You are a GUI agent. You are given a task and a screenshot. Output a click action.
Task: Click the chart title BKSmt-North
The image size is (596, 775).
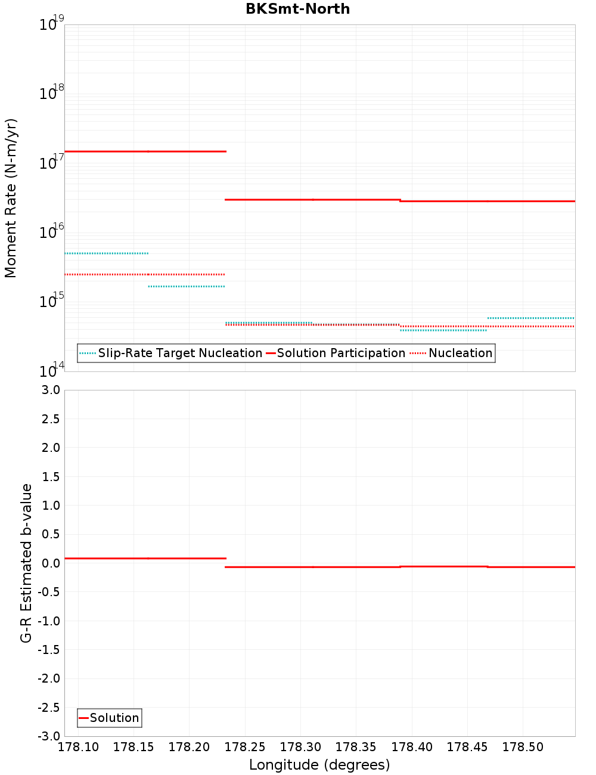297,9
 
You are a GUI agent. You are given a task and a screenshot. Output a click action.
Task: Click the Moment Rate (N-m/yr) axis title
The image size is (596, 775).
11,198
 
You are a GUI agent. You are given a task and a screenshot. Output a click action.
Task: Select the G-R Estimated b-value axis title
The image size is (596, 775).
26,563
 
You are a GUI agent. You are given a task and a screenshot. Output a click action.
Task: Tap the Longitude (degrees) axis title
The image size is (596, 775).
319,765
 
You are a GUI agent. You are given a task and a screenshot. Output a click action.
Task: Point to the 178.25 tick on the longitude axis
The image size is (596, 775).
245,747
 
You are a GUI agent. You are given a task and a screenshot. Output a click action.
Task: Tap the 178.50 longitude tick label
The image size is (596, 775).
523,747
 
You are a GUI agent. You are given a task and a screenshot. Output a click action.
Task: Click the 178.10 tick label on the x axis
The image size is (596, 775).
79,747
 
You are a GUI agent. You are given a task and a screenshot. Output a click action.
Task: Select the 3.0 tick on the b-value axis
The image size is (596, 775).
49,390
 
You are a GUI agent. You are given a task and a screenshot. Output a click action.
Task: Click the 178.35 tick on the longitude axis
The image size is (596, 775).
356,747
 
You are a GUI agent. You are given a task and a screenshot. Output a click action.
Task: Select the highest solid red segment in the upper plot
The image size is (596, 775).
145,151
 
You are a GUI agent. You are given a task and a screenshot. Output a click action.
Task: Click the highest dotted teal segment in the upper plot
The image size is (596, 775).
106,253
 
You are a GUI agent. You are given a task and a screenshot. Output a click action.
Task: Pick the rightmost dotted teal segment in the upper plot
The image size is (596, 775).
531,318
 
